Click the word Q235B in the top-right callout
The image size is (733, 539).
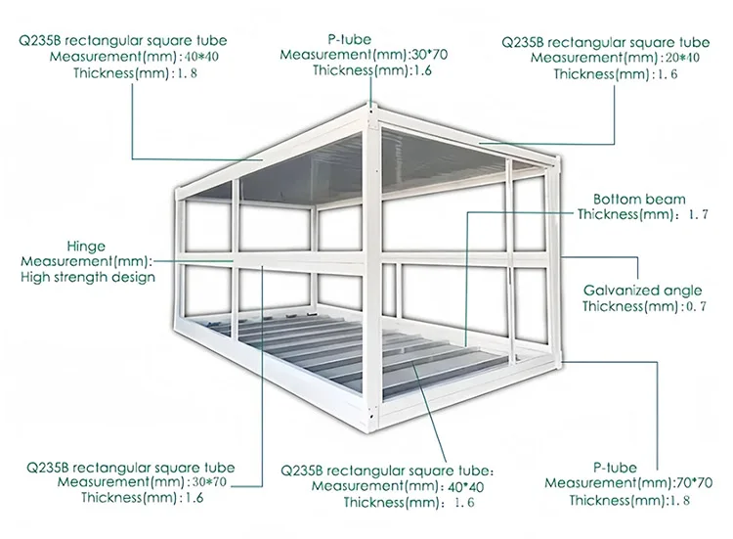pos(523,42)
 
